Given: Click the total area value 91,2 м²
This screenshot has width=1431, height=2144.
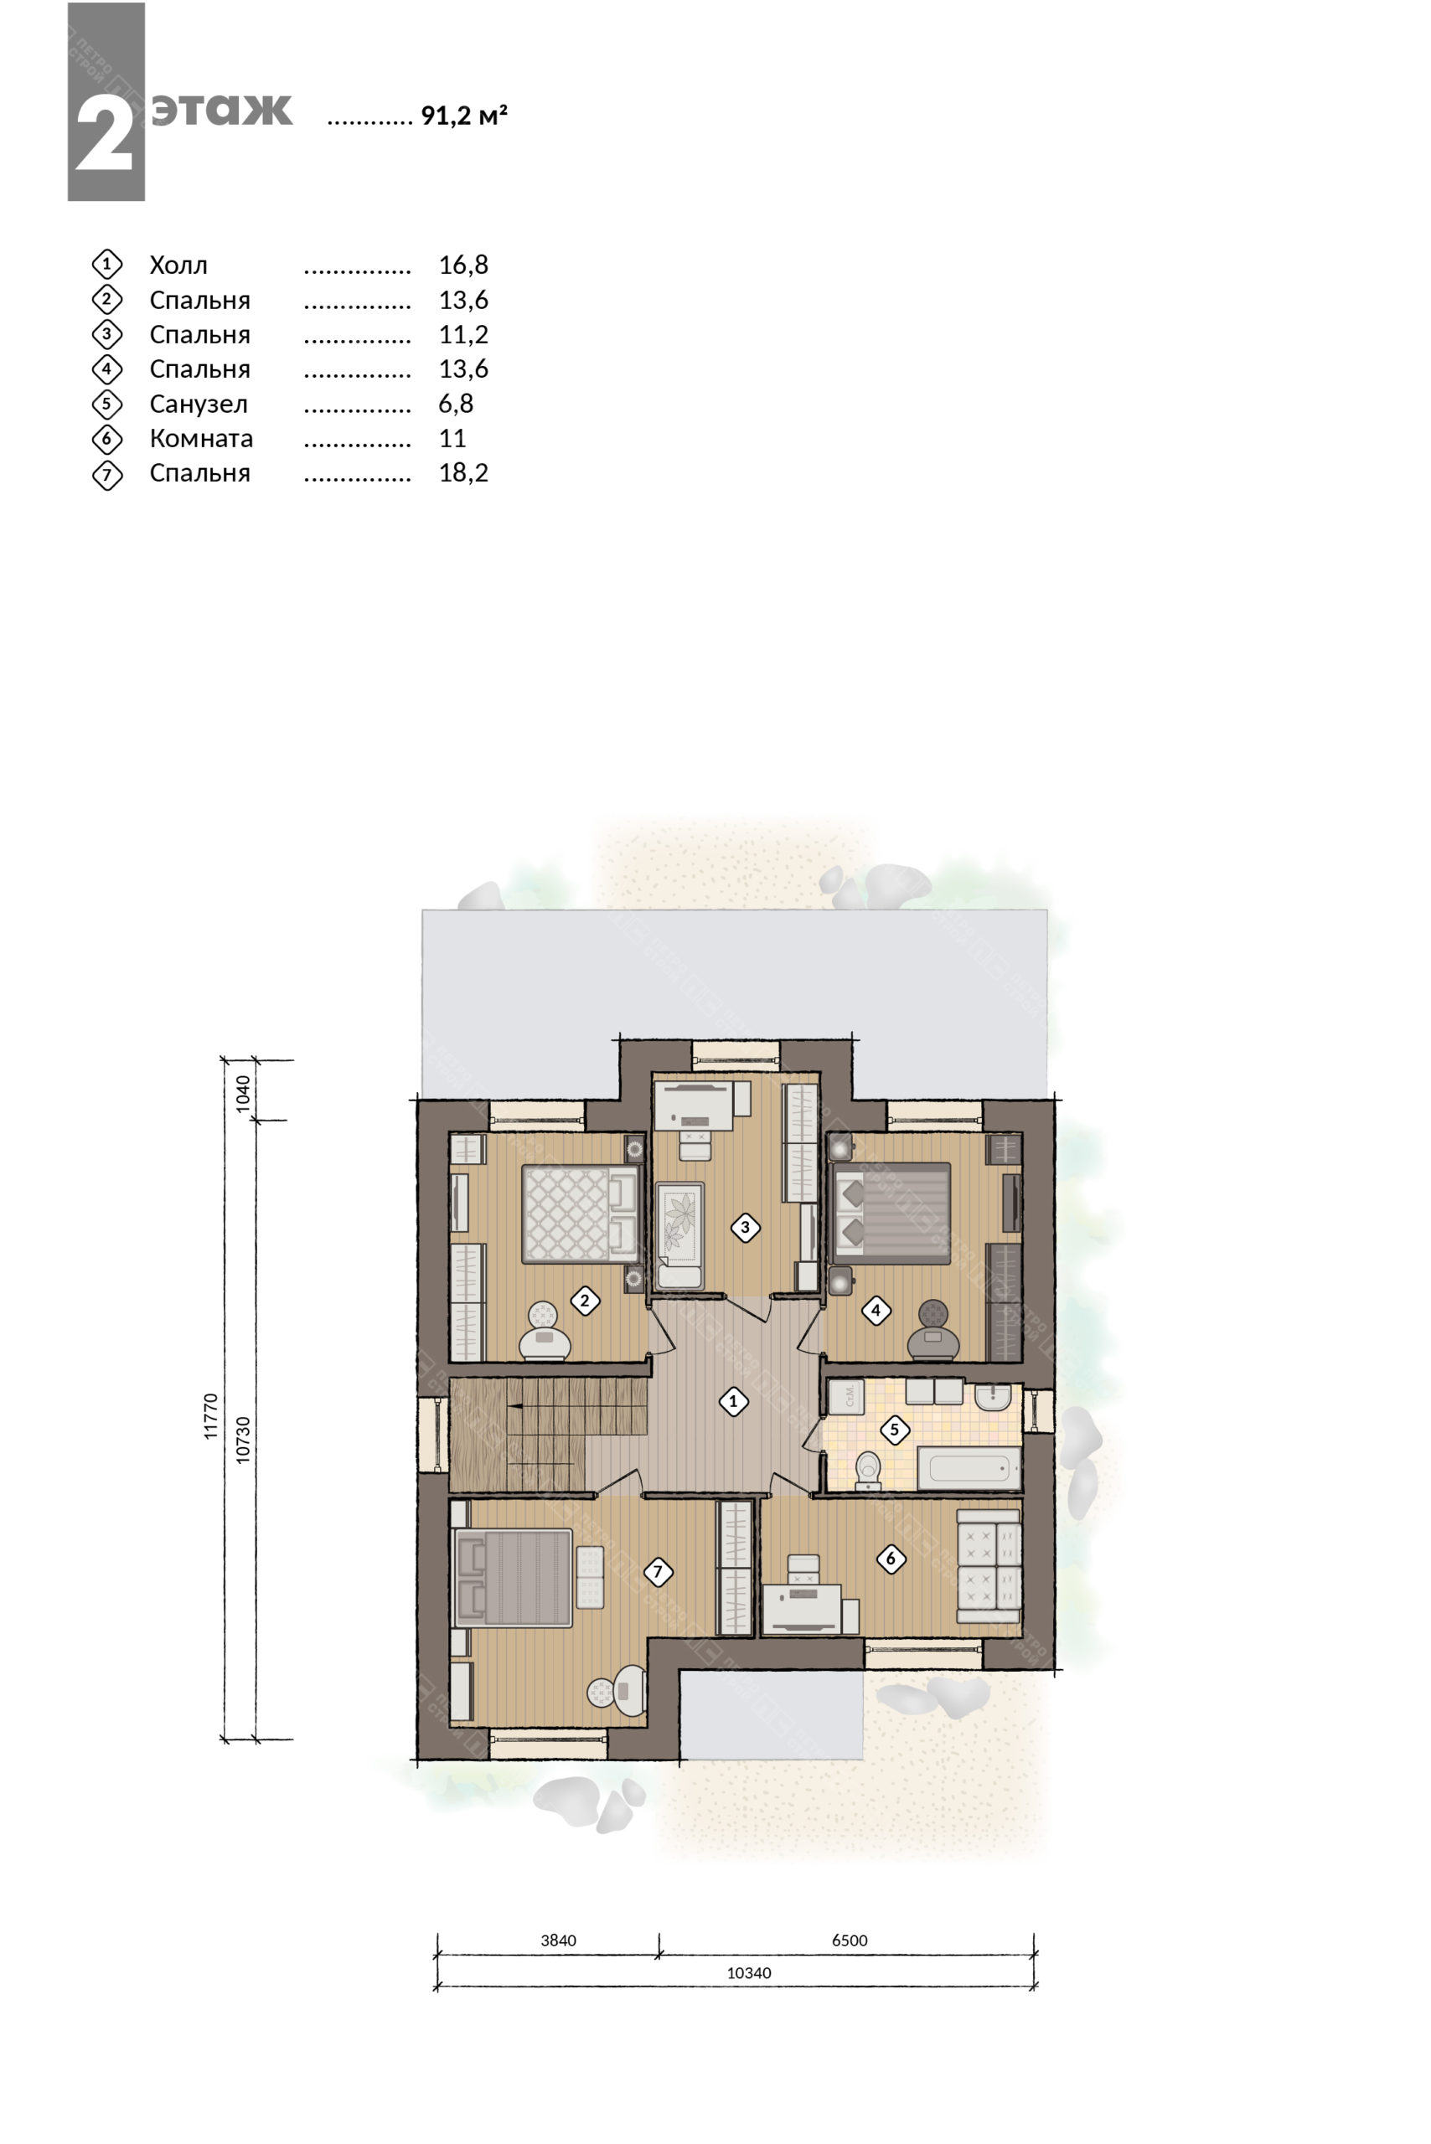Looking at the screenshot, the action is [x=463, y=116].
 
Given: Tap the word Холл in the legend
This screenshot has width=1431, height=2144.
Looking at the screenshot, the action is [x=179, y=265].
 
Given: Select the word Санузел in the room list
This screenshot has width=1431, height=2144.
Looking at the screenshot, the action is [x=198, y=405].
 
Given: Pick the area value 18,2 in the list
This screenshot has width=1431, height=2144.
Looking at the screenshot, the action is [x=463, y=472].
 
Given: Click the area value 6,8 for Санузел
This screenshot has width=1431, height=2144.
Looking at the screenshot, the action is [x=456, y=403].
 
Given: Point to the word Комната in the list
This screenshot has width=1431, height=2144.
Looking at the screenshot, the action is [x=201, y=439].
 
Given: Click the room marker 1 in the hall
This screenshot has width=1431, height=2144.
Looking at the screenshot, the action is [x=733, y=1401].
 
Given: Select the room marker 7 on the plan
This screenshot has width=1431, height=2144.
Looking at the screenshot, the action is [x=658, y=1571].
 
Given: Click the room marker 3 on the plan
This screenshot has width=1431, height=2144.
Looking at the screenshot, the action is [x=745, y=1227].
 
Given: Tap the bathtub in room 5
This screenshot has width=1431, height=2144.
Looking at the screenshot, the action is [x=969, y=1468].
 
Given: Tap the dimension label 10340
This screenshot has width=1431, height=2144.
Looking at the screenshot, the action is [x=749, y=1972].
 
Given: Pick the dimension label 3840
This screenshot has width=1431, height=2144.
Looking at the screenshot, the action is [x=559, y=1940].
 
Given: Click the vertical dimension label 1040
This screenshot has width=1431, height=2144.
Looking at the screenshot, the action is [x=243, y=1093].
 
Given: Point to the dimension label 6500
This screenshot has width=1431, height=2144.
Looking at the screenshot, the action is [x=850, y=1940].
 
